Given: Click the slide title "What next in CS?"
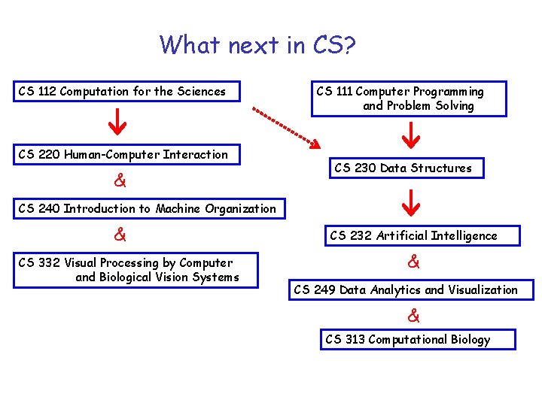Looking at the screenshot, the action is coord(257,45).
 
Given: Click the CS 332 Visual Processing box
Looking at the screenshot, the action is coord(136,270).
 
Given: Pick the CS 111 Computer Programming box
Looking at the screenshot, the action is coord(409,98).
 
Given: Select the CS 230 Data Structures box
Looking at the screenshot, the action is coord(403,168).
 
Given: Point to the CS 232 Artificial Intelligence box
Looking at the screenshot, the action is coord(413,235).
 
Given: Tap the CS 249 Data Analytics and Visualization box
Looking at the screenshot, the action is coord(410,289).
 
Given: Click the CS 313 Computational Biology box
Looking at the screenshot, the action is coord(419,340).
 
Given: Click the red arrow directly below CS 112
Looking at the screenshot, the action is coord(118,120).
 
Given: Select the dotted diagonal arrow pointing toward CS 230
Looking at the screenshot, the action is coord(287,127).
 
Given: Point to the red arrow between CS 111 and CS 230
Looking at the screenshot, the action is coord(411,134).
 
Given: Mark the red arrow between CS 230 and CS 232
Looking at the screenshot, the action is coord(411,201).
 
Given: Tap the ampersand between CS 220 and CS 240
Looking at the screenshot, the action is coord(119,181).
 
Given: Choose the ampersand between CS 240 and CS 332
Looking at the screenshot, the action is coord(119,235).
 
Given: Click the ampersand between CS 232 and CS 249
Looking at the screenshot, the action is coord(413,262).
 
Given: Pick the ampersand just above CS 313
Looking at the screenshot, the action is coord(413,315).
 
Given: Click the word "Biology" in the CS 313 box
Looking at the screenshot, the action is coord(470,340).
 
